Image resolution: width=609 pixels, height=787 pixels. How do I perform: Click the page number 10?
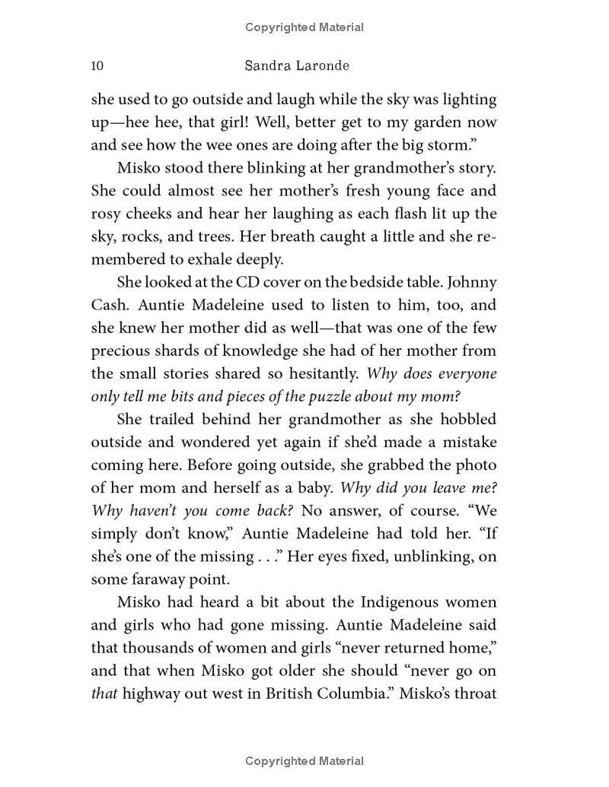point(97,65)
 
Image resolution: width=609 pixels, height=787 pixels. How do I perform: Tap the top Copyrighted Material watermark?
point(304,27)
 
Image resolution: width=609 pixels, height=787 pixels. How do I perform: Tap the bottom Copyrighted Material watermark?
point(304,760)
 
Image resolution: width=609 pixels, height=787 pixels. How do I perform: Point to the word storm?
point(470,145)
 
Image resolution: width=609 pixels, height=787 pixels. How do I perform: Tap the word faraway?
point(162,579)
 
